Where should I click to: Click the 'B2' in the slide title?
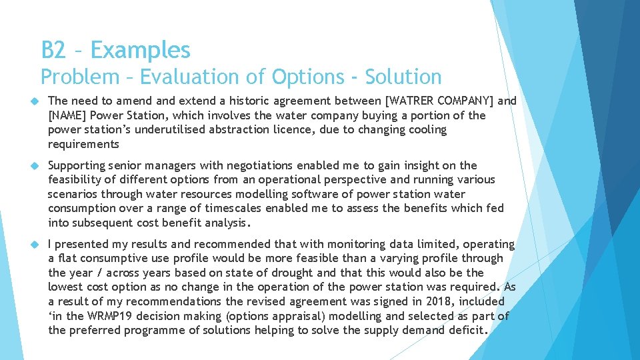click(x=53, y=50)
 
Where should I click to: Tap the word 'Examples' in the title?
click(x=141, y=50)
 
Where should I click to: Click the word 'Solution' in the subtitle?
click(x=402, y=77)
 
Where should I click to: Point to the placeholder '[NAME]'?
click(x=68, y=115)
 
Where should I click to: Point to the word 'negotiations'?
click(x=261, y=165)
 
